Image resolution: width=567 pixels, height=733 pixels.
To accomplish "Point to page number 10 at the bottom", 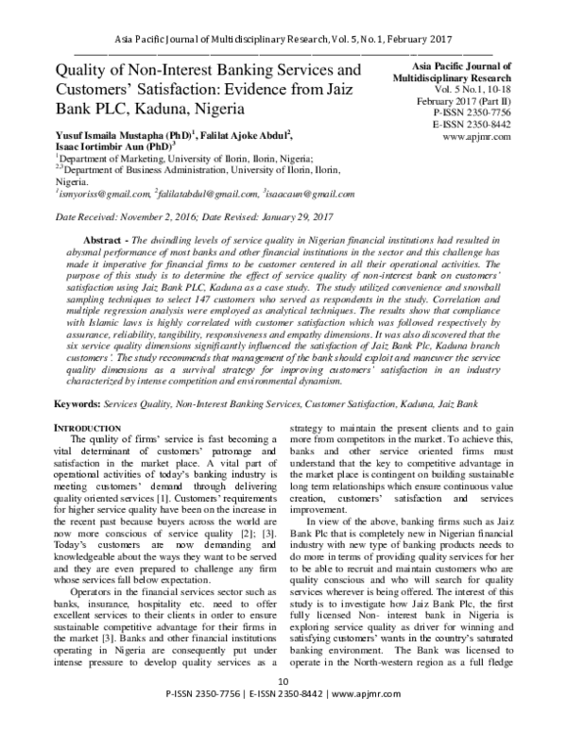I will coord(282,707).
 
